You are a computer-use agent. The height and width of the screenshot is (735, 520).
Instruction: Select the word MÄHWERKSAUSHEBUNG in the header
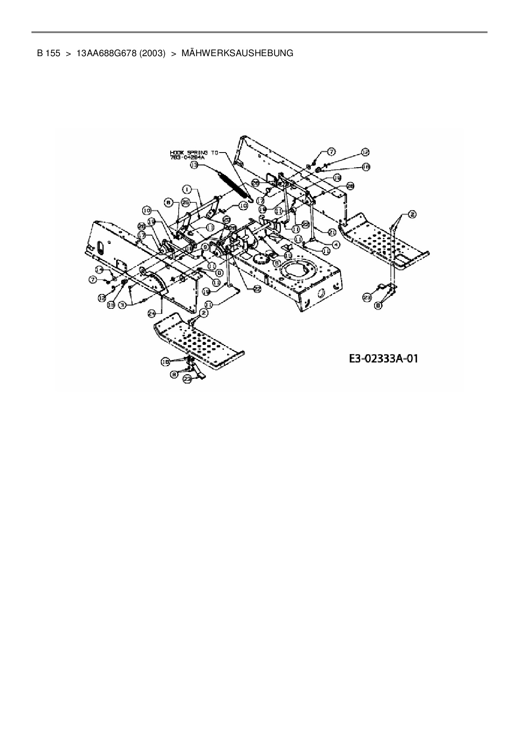pos(237,53)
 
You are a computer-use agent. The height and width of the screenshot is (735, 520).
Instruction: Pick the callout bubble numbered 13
pos(194,166)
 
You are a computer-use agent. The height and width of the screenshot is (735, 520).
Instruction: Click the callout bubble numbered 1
pos(187,189)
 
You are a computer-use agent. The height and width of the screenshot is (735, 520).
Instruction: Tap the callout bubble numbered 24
pos(152,313)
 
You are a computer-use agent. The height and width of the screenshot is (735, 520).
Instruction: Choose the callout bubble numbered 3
pos(122,305)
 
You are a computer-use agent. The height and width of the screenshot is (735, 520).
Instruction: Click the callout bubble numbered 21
pos(332,232)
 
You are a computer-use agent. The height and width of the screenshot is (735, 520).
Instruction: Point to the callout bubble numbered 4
pos(336,243)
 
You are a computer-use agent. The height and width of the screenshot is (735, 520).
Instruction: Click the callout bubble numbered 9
pos(205,247)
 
